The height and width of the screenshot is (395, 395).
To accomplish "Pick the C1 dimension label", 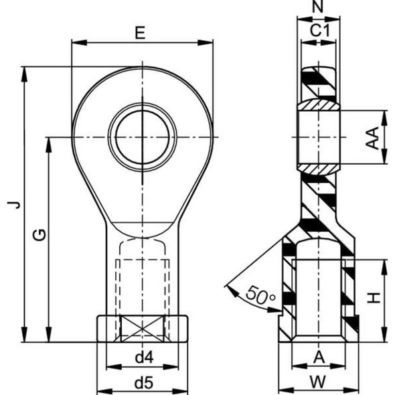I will click(318, 30).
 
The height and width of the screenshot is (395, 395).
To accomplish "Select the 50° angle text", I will click(260, 294).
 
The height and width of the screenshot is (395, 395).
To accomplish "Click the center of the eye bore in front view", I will click(142, 137).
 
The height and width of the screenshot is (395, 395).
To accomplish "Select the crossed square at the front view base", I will click(142, 329).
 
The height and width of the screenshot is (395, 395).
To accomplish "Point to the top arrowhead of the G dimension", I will click(49, 143).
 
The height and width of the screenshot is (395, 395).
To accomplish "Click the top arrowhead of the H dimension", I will click(384, 262).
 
